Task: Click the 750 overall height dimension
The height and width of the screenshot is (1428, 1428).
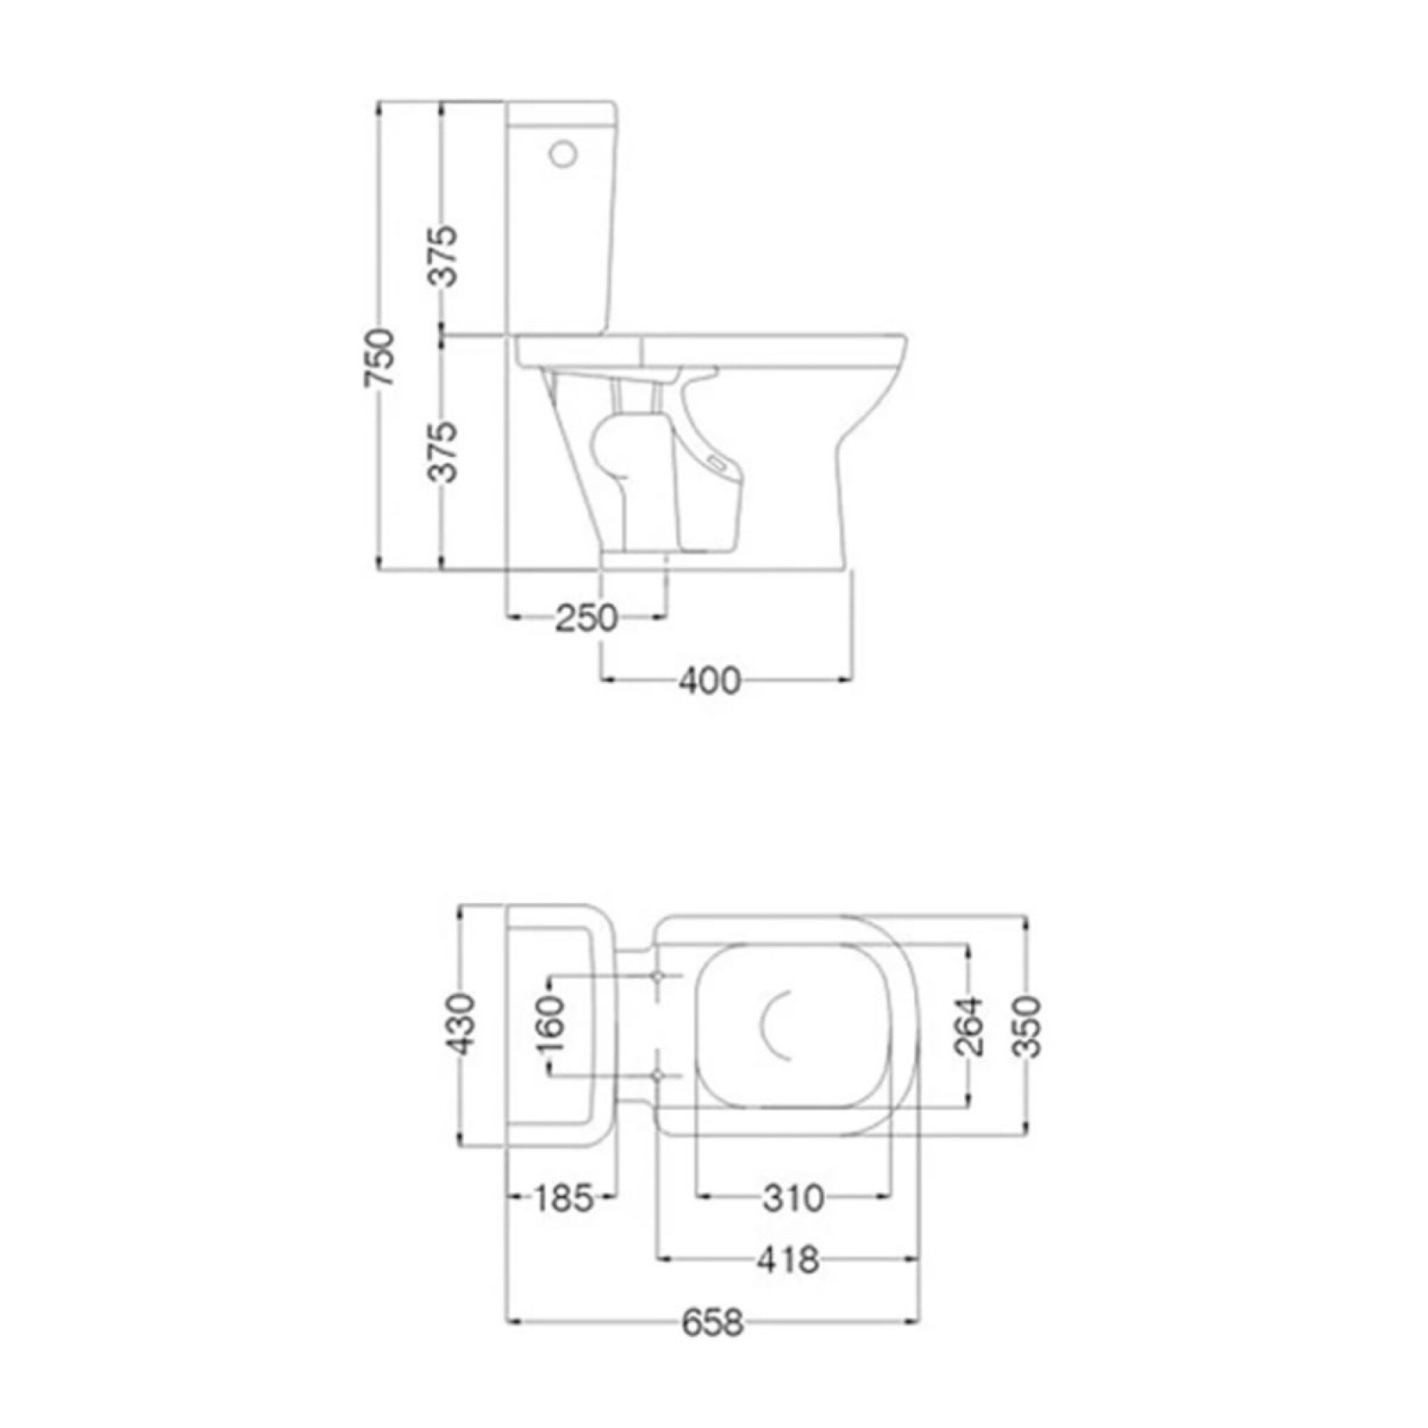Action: [x=383, y=358]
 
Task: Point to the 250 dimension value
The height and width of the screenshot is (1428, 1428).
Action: [x=585, y=618]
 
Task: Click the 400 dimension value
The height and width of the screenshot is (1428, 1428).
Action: [x=710, y=681]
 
